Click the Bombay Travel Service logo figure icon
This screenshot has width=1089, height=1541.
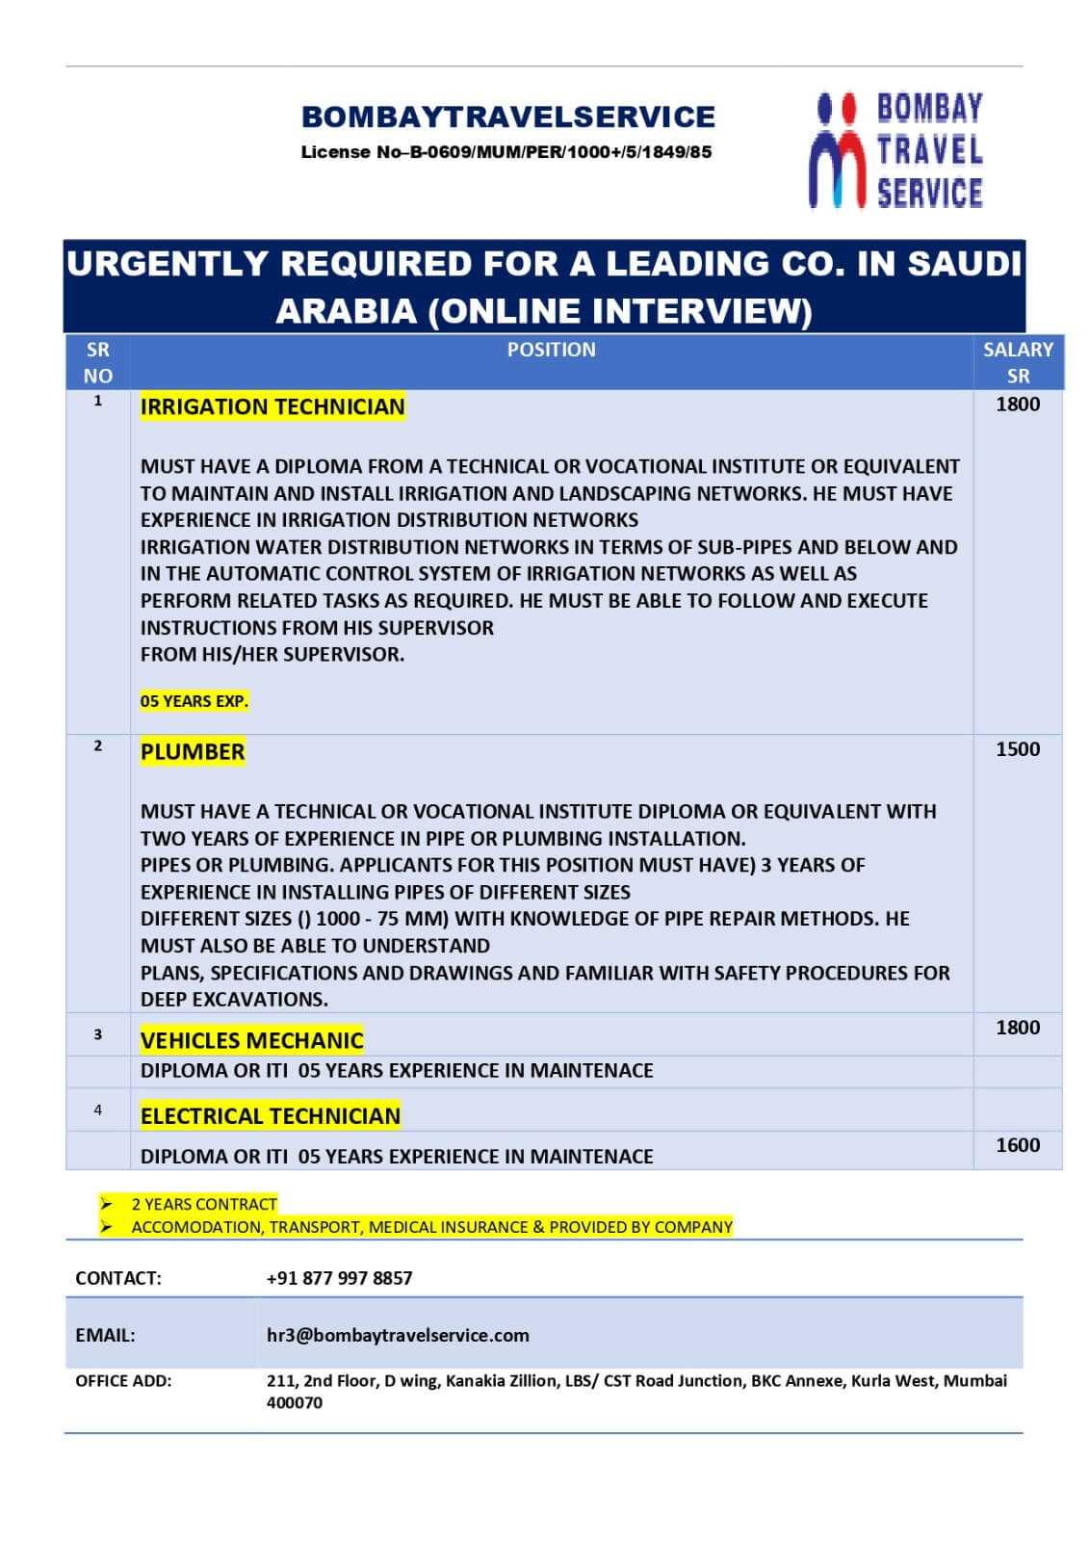[836, 150]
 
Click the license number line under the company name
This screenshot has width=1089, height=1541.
[506, 152]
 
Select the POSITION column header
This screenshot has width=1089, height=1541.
[551, 351]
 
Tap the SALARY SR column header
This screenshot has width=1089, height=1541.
[1018, 362]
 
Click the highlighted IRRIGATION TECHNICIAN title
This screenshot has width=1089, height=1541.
[272, 407]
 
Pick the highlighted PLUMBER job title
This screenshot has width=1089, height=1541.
[193, 752]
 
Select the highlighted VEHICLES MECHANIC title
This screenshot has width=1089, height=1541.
[251, 1040]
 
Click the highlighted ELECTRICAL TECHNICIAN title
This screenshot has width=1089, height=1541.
[270, 1116]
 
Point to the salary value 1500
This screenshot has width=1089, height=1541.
[1018, 749]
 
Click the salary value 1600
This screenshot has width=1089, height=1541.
[1018, 1145]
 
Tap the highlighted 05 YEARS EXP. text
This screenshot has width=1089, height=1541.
[194, 701]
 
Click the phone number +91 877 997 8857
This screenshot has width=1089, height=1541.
[339, 1278]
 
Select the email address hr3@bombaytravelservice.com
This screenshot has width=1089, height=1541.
[398, 1335]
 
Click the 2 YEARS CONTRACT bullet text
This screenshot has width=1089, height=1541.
[204, 1204]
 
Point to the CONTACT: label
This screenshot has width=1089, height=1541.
[118, 1278]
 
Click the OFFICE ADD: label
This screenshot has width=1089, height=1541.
[123, 1381]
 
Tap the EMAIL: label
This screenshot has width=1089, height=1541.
[105, 1335]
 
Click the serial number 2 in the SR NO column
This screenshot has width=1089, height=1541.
[97, 745]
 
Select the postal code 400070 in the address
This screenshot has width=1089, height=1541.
[295, 1403]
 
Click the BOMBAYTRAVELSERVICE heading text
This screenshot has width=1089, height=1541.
[507, 117]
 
